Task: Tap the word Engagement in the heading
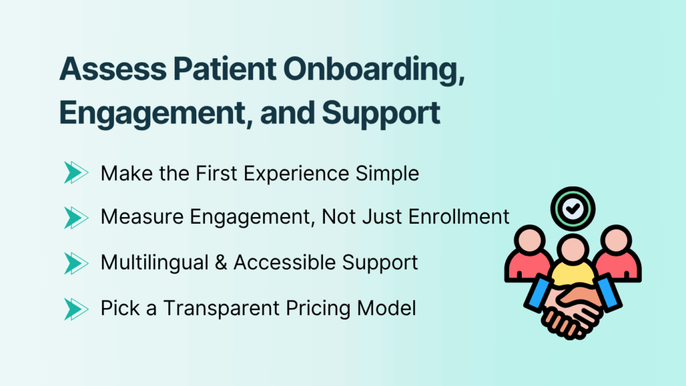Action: pos(135,112)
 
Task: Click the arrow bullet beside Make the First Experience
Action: pos(76,173)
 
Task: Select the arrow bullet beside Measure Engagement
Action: pos(76,217)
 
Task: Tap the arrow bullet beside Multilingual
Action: pos(76,262)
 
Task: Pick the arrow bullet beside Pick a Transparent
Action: pos(76,308)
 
